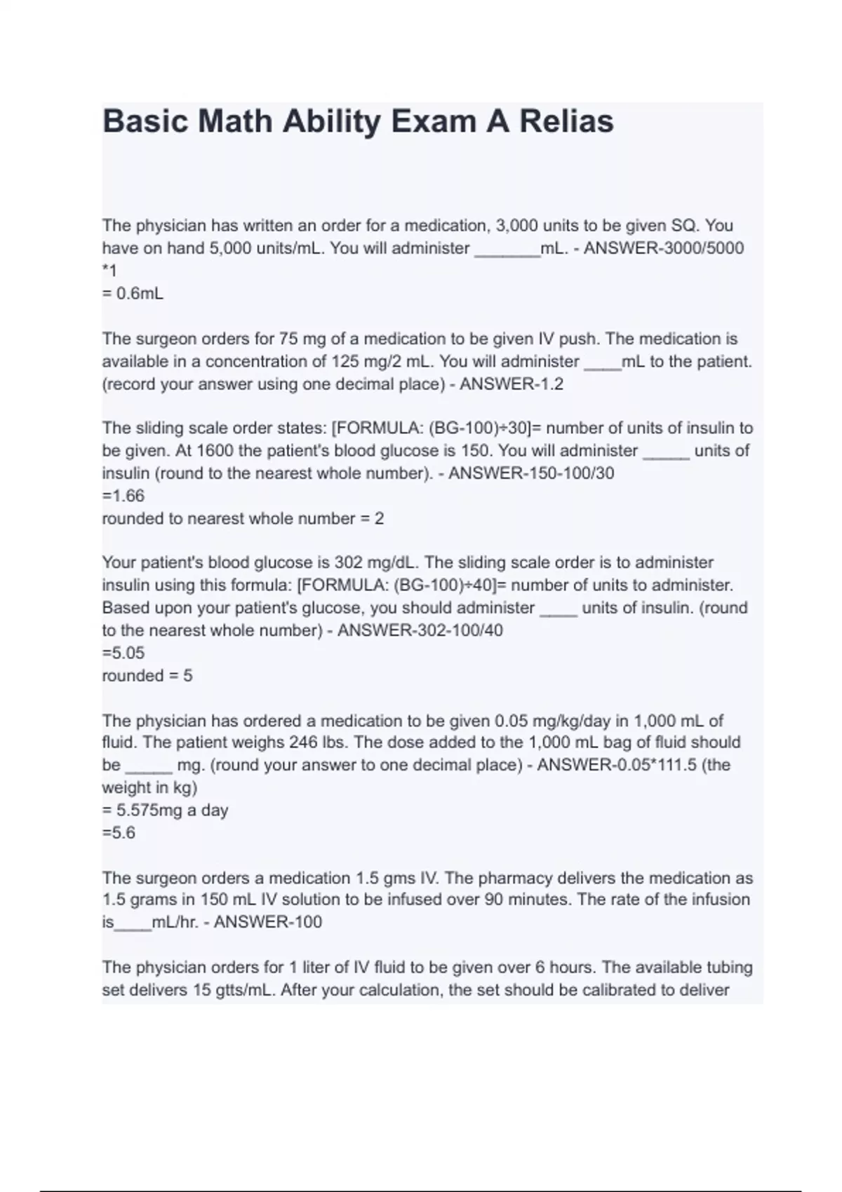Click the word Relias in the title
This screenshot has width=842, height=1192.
(566, 121)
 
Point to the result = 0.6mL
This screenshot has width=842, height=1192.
(133, 294)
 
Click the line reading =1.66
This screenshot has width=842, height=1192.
(123, 496)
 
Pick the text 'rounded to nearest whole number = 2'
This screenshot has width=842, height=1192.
(243, 519)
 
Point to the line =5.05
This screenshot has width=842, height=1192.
(123, 653)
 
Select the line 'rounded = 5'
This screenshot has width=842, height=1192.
(147, 676)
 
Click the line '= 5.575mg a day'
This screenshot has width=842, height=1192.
(165, 811)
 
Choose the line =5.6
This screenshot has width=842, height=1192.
(119, 833)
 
